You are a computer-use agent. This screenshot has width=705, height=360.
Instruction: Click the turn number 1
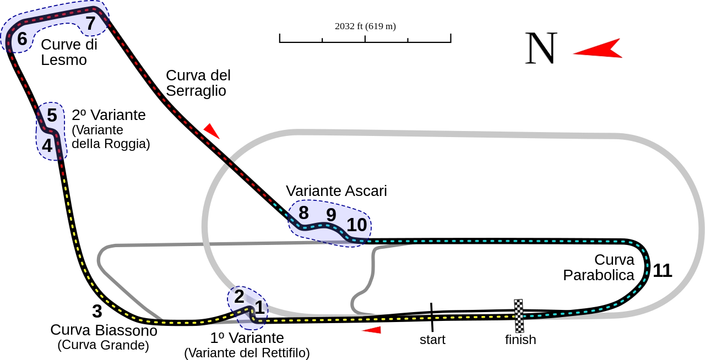(x=259, y=307)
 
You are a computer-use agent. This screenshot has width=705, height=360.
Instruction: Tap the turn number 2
(x=239, y=296)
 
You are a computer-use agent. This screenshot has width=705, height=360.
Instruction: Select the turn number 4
(x=47, y=146)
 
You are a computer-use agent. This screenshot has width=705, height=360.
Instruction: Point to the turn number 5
(x=52, y=116)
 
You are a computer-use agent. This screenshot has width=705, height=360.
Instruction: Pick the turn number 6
(x=22, y=39)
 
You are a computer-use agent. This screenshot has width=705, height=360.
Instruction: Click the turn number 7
(x=90, y=23)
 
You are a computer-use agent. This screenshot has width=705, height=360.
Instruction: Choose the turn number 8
(x=303, y=212)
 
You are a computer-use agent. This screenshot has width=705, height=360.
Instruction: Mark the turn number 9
(x=330, y=215)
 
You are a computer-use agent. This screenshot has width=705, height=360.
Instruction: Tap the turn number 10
(x=357, y=225)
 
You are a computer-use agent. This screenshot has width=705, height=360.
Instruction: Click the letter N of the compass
(x=541, y=48)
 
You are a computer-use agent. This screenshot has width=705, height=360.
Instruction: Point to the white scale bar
(x=365, y=40)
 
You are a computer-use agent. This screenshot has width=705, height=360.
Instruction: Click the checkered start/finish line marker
(x=519, y=317)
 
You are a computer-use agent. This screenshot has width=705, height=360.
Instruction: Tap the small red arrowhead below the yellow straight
(x=372, y=330)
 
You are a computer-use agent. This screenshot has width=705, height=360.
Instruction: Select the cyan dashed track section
(x=496, y=241)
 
